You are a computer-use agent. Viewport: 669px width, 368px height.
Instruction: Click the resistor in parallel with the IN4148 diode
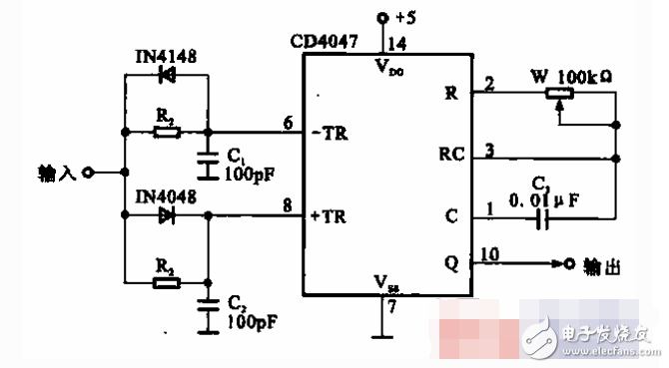point(167,132)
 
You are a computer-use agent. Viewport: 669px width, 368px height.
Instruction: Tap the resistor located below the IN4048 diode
point(167,282)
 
